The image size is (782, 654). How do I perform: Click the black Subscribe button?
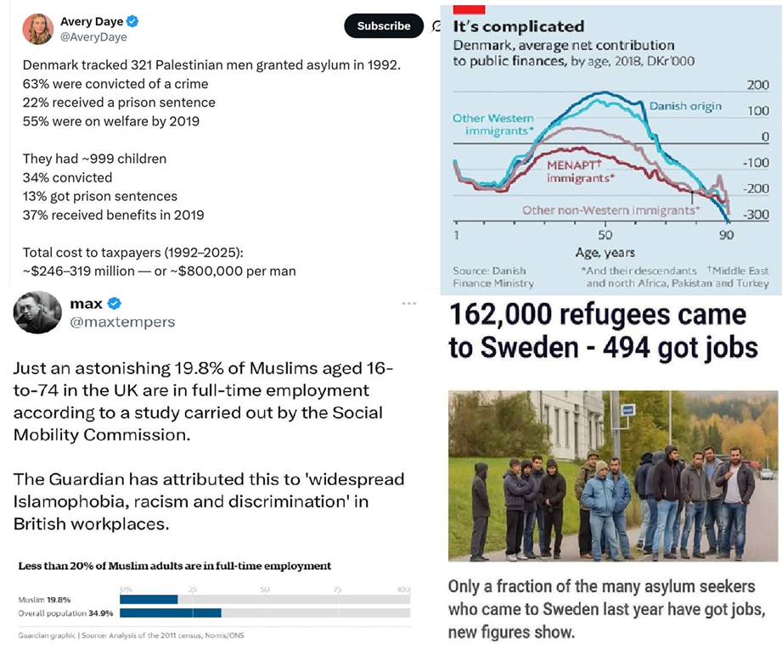[383, 26]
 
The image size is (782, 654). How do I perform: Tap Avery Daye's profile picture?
[38, 29]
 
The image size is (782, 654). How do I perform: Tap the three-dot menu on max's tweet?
[409, 303]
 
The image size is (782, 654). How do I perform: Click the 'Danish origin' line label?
[685, 106]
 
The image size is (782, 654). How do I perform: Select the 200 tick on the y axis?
[757, 87]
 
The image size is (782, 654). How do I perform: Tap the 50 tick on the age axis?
[605, 234]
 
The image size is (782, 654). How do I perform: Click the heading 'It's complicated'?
[519, 27]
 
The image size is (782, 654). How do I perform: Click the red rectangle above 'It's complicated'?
[469, 8]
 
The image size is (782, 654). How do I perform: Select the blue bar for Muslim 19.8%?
[149, 600]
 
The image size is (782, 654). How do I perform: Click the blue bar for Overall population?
[170, 612]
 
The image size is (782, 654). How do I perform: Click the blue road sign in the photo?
[627, 411]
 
